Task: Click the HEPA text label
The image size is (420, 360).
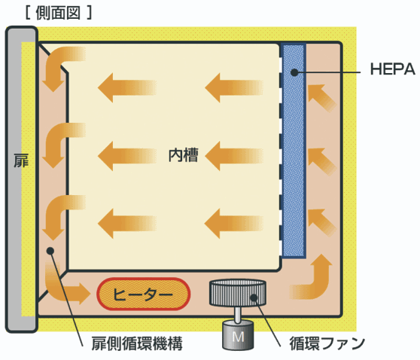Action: (393, 69)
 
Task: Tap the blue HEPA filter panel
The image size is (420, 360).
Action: (294, 151)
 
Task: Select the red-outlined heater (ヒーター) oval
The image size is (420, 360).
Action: (143, 294)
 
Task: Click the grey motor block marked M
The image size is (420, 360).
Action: (238, 335)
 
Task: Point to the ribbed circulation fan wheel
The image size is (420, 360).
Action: (238, 293)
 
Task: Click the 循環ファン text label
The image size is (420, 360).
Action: (327, 343)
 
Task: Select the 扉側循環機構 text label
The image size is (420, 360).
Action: (137, 343)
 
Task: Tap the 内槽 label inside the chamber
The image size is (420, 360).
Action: (184, 155)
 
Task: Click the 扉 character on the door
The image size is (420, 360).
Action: (21, 160)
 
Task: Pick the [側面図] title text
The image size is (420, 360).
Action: (59, 13)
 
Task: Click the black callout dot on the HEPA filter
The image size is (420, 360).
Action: (294, 72)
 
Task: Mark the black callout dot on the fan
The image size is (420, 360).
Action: (254, 297)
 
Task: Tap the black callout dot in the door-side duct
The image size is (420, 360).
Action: (50, 251)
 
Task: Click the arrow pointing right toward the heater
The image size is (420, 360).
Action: (78, 294)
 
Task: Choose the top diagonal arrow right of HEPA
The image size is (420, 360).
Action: (321, 97)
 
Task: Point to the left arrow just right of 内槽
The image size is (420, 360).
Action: (233, 156)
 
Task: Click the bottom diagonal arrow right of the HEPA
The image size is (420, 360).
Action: (321, 222)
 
